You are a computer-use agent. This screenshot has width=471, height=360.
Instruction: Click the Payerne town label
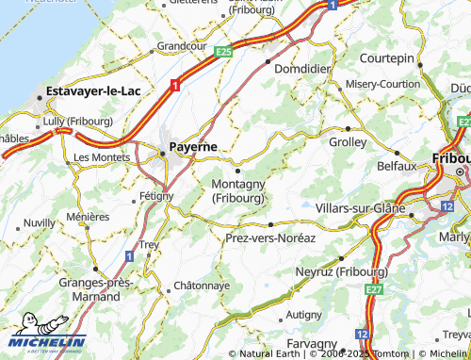pyautogui.click(x=194, y=148)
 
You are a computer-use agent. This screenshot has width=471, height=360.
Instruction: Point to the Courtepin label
pyautogui.click(x=387, y=58)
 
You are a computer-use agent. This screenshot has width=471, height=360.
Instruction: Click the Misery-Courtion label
pyautogui.click(x=382, y=83)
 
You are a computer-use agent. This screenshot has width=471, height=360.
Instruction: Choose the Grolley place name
pyautogui.click(x=349, y=142)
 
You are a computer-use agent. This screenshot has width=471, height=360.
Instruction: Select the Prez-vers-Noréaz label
pyautogui.click(x=270, y=238)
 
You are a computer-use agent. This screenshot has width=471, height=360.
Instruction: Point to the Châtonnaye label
pyautogui.click(x=202, y=285)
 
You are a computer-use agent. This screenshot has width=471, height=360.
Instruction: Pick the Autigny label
pyautogui.click(x=304, y=314)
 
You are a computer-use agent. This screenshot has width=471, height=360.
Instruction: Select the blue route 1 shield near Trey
pyautogui.click(x=129, y=255)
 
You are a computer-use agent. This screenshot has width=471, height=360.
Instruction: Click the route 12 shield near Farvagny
pyautogui.click(x=362, y=335)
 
